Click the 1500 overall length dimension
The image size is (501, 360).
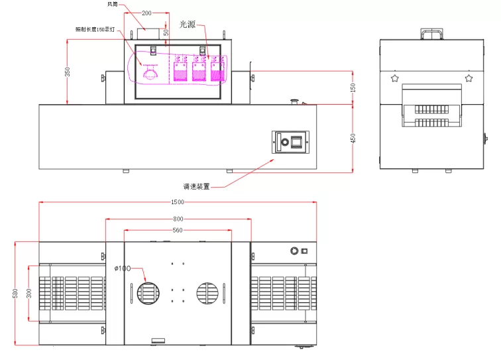pyautogui.click(x=178, y=201)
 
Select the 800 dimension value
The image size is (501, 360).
pyautogui.click(x=178, y=218)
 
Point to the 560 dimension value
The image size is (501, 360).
pyautogui.click(x=178, y=230)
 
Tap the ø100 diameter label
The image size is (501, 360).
pyautogui.click(x=123, y=269)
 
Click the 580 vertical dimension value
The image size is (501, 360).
pyautogui.click(x=15, y=293)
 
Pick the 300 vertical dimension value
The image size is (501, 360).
pyautogui.click(x=29, y=292)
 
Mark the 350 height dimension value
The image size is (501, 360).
pyautogui.click(x=67, y=72)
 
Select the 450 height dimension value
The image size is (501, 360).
pyautogui.click(x=353, y=138)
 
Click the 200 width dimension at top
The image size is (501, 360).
pyautogui.click(x=146, y=13)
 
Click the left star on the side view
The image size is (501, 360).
pyautogui.click(x=395, y=78)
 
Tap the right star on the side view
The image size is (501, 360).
pyautogui.click(x=469, y=78)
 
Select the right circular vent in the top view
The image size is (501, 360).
pyautogui.click(x=207, y=292)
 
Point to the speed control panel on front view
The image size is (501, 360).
pyautogui.click(x=290, y=143)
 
